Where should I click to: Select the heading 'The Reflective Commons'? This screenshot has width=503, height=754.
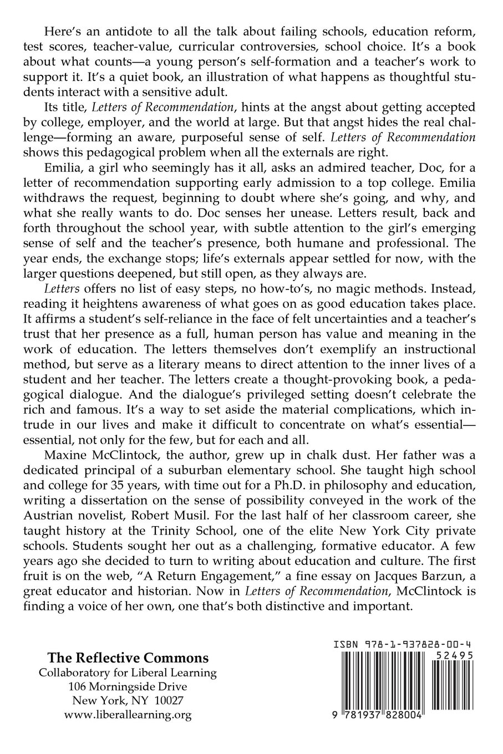point(128,658)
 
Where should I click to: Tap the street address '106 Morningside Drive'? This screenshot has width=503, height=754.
point(128,686)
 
